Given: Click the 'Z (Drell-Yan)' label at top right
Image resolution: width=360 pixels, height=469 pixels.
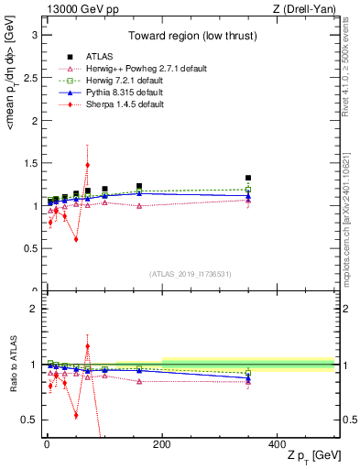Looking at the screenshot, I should tap(306, 9).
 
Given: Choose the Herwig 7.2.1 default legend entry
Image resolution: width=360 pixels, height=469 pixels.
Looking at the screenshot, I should tap(127, 81).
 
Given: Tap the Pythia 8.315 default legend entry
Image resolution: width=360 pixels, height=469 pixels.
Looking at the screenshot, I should tap(126, 93).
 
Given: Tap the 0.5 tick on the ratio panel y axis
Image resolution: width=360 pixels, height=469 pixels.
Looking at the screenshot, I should tap(31, 420).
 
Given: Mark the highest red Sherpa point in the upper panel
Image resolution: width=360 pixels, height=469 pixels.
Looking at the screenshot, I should tap(87, 165).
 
